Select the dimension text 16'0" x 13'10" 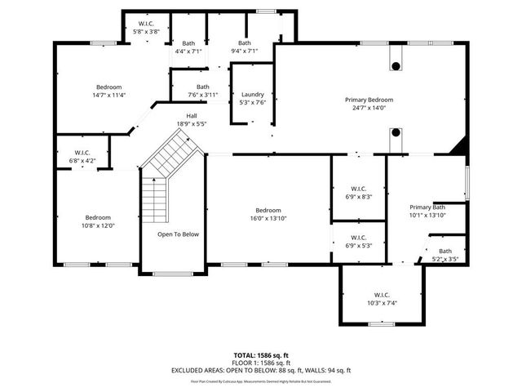(x=268, y=218)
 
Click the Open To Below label (x=178, y=234)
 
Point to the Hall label (x=191, y=116)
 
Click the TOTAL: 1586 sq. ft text (x=260, y=355)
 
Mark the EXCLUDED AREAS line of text (x=260, y=370)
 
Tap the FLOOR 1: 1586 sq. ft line (x=260, y=363)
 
